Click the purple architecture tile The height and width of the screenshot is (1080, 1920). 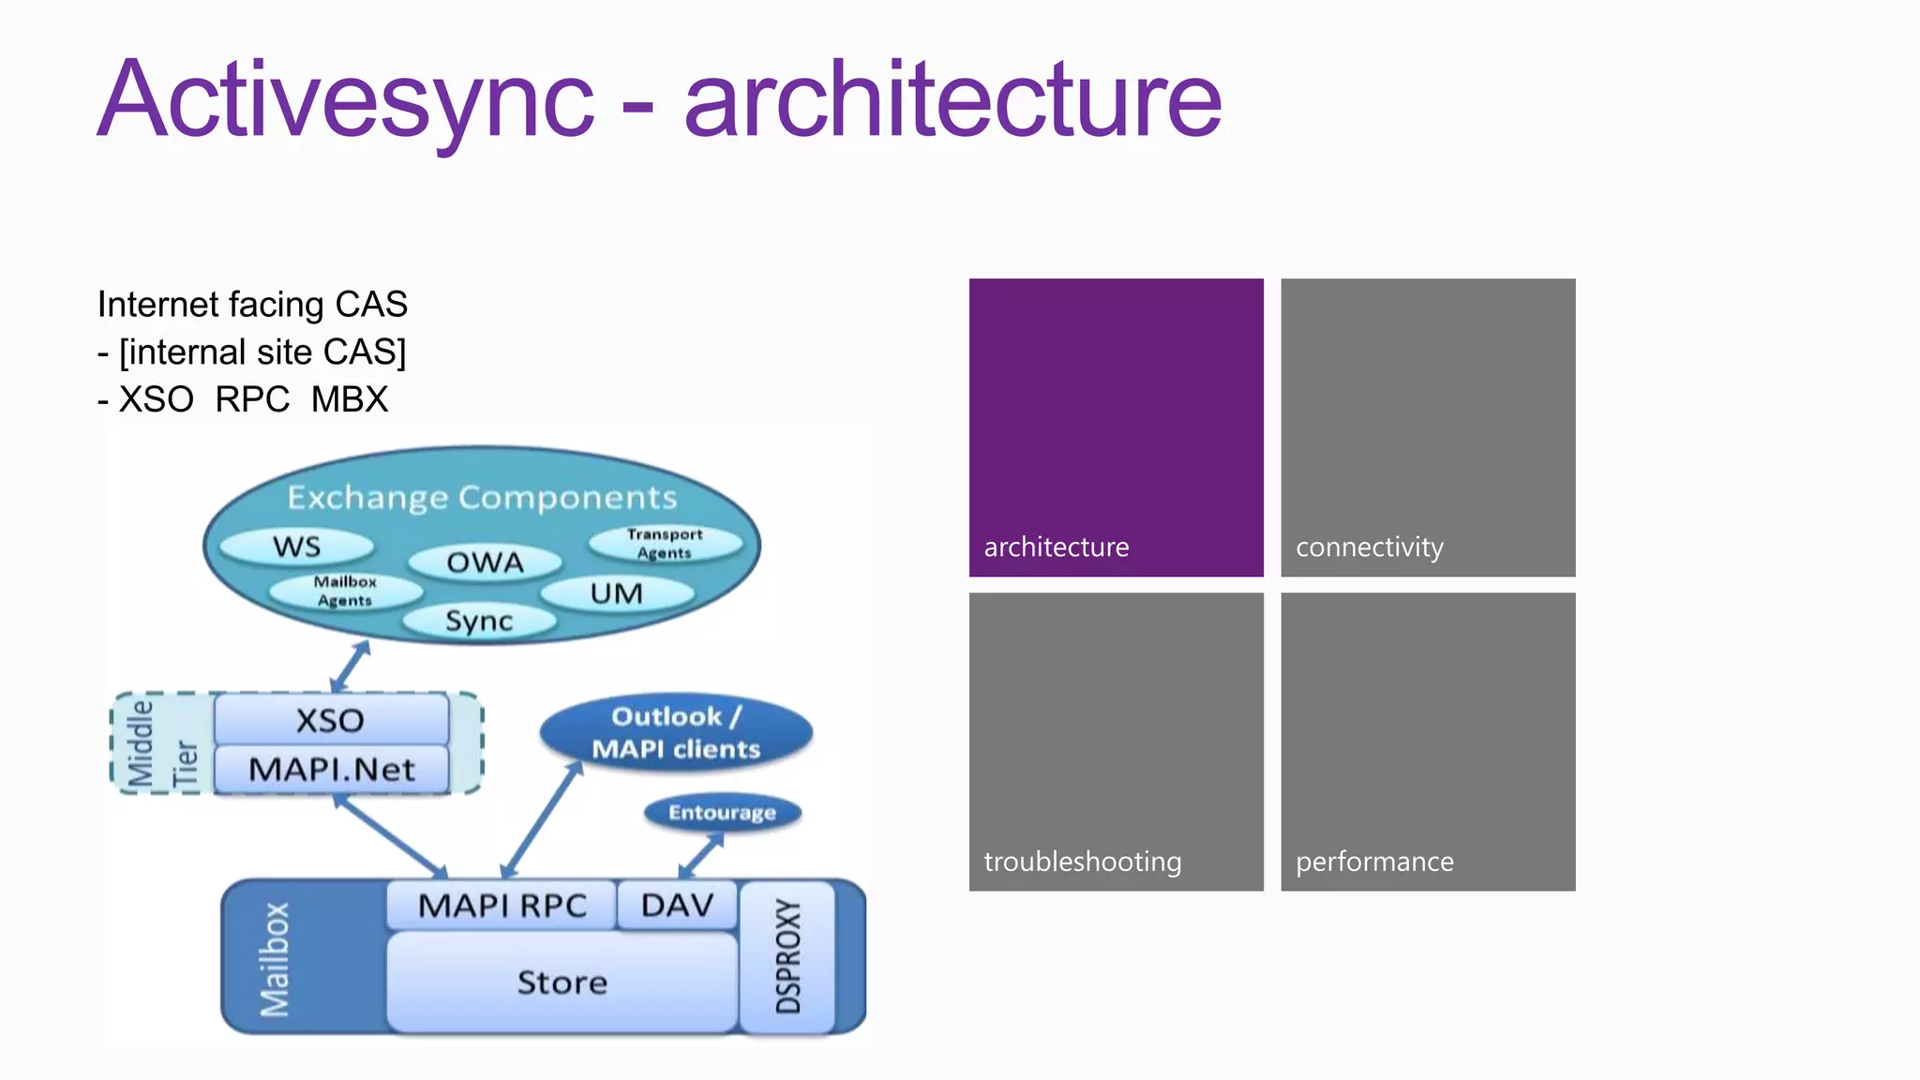coord(1116,427)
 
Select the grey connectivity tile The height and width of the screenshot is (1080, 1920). coord(1427,427)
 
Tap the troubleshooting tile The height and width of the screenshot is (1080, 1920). coord(1116,741)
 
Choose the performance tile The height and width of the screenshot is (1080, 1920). coord(1427,741)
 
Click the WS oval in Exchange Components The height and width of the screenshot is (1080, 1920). coord(296,547)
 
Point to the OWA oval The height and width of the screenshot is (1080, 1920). coord(485,562)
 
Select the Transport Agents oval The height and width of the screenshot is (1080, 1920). coord(665,544)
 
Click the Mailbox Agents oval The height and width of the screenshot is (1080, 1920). coord(345,592)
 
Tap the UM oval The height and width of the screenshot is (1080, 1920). coord(617,593)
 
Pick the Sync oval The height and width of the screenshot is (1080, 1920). coord(479,621)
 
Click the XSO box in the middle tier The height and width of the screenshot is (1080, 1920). coord(330,720)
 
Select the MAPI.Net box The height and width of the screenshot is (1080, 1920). coord(331,770)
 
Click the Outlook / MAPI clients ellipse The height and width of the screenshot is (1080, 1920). coord(676,732)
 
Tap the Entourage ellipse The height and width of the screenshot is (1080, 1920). coord(722,813)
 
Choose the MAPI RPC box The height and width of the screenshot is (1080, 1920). coord(502,906)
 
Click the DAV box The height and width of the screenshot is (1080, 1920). coord(677,906)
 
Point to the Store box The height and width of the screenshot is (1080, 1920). coord(562,982)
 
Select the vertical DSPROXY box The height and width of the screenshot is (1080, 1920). coord(787,956)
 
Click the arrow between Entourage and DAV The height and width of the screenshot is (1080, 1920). coord(701,854)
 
